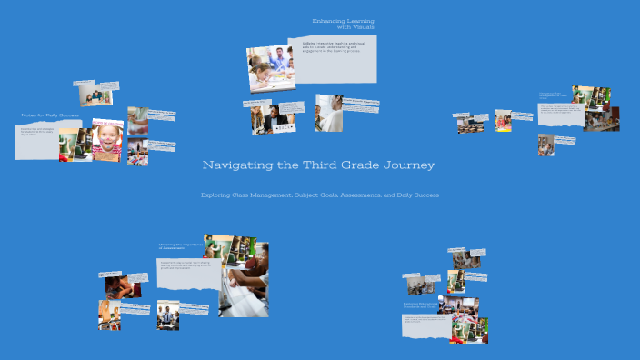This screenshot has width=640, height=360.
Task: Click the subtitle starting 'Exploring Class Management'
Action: point(319,195)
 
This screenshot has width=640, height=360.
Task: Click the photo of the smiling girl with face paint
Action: point(108,141)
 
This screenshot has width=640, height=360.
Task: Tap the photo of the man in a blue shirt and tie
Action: point(167,315)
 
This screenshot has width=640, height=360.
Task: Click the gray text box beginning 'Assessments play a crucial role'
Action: point(188,274)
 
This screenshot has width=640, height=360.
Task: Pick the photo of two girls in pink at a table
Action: point(503,121)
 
